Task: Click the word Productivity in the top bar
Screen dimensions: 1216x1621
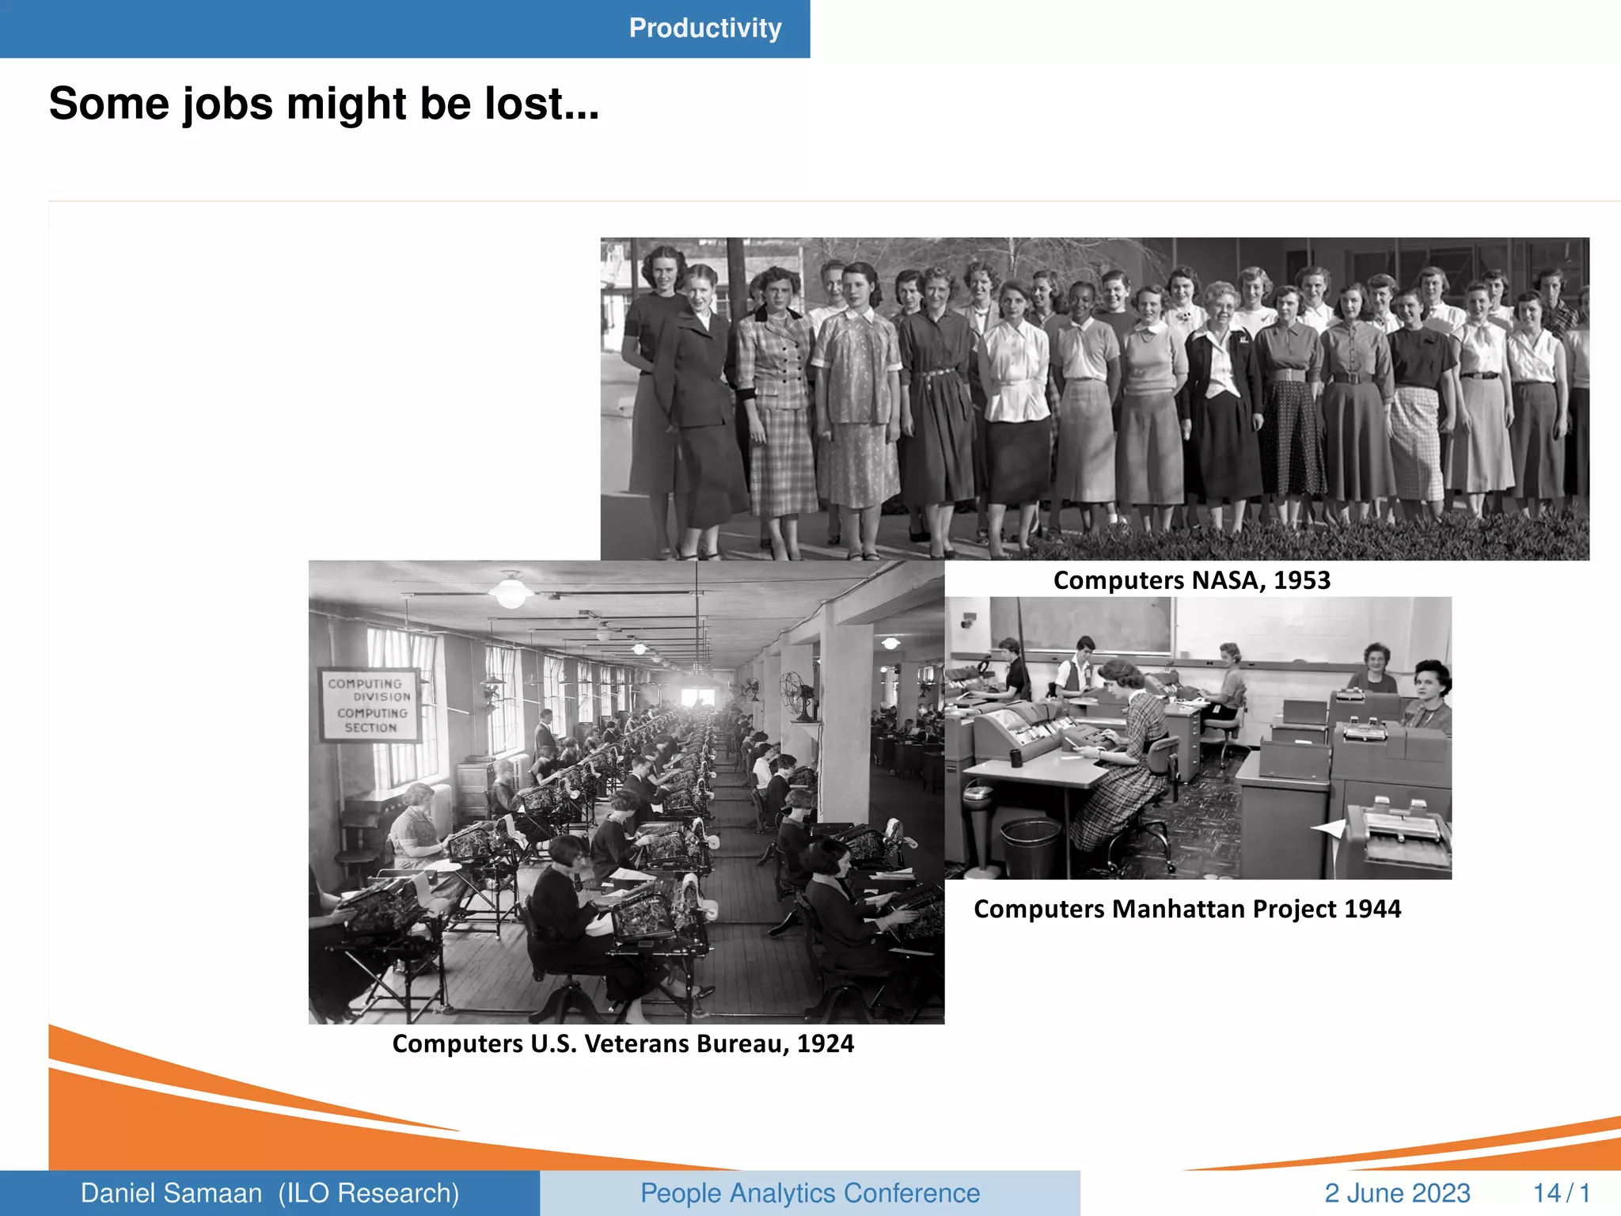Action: tap(705, 28)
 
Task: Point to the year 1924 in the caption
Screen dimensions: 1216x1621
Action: tap(826, 1043)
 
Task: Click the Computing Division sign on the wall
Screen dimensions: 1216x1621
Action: tap(370, 705)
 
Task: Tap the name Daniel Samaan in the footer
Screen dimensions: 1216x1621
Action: tap(171, 1193)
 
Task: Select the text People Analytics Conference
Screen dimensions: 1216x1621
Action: tap(810, 1193)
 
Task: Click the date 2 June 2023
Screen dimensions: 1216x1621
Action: tap(1397, 1193)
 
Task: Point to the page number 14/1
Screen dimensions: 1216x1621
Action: tap(1561, 1193)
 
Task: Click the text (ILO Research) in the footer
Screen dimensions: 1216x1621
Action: tap(369, 1193)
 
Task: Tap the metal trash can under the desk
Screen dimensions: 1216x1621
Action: tap(1031, 848)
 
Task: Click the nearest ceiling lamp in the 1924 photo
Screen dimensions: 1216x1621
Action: tap(511, 591)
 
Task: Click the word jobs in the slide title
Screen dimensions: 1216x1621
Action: tap(228, 104)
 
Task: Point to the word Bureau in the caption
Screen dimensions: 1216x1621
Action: tap(743, 1043)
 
